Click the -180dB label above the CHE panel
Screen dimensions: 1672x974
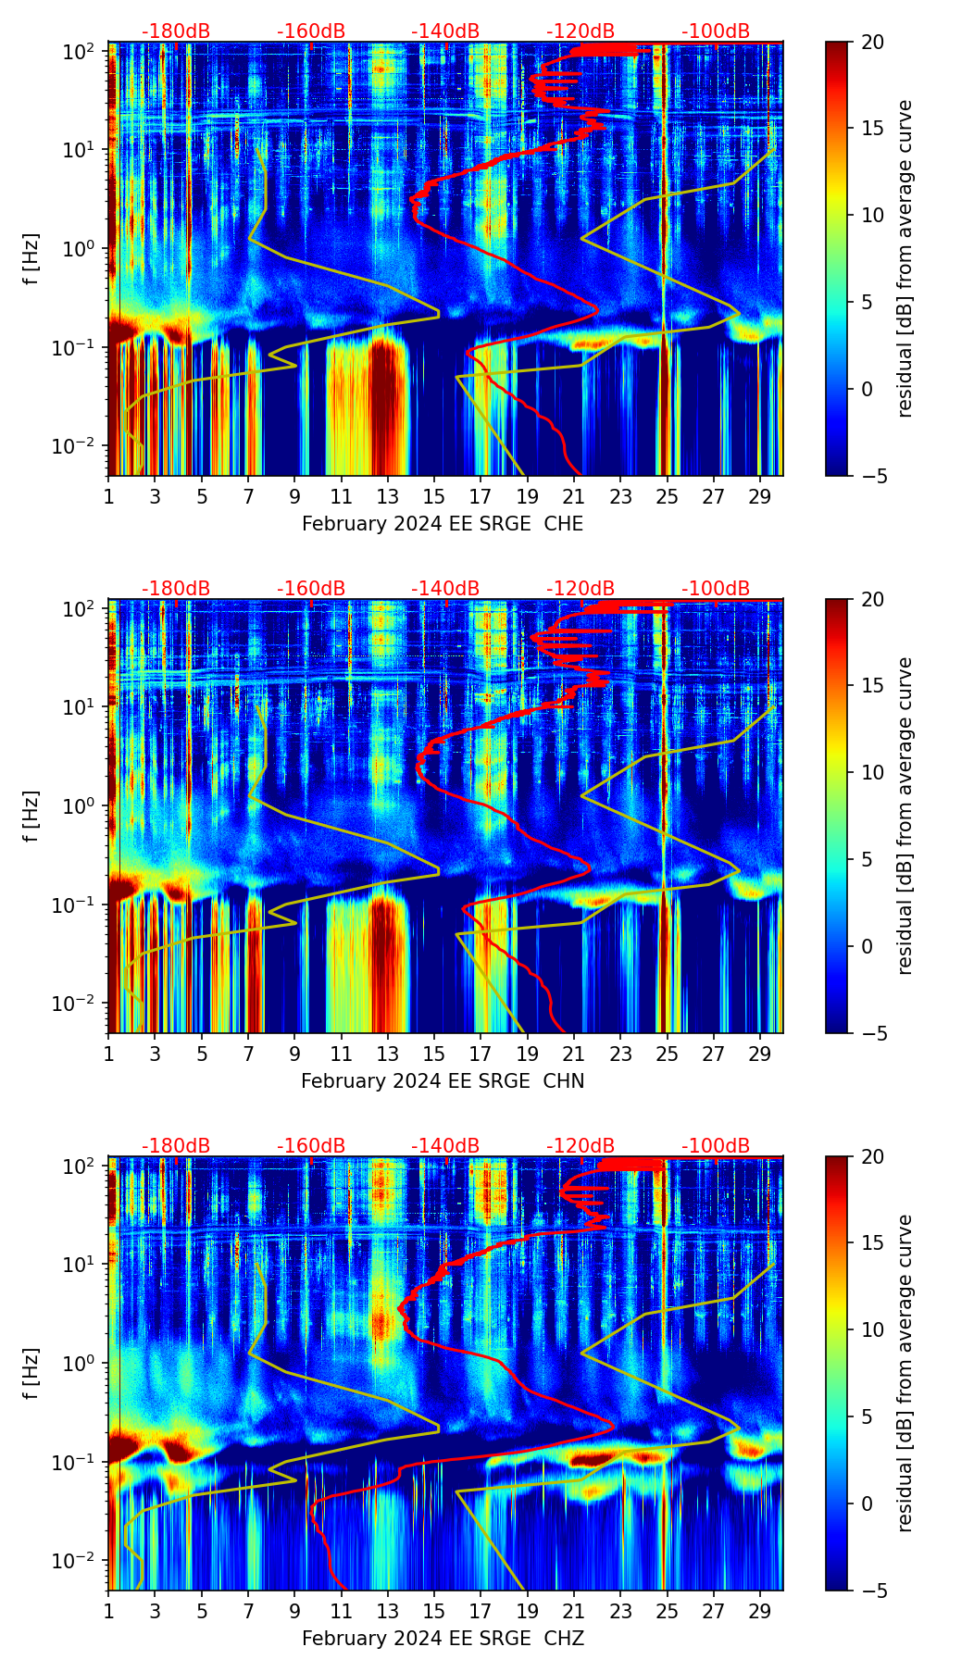pos(176,31)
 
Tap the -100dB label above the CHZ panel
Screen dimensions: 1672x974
pos(716,1146)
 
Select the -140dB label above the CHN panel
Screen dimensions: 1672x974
pos(445,589)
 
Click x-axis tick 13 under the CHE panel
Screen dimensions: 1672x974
pos(388,496)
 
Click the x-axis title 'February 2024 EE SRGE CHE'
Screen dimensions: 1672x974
pos(443,524)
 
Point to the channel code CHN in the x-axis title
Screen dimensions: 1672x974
pos(564,1081)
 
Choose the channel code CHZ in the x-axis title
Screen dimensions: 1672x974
pos(564,1639)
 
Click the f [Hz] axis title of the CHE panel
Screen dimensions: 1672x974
pos(31,259)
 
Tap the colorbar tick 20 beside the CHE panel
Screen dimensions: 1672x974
pos(872,42)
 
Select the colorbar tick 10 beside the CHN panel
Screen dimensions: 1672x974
pos(872,772)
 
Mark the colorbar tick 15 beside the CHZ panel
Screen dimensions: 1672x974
pos(872,1243)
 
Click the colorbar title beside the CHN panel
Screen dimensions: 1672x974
pos(905,816)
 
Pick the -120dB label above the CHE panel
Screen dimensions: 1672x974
pos(581,31)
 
